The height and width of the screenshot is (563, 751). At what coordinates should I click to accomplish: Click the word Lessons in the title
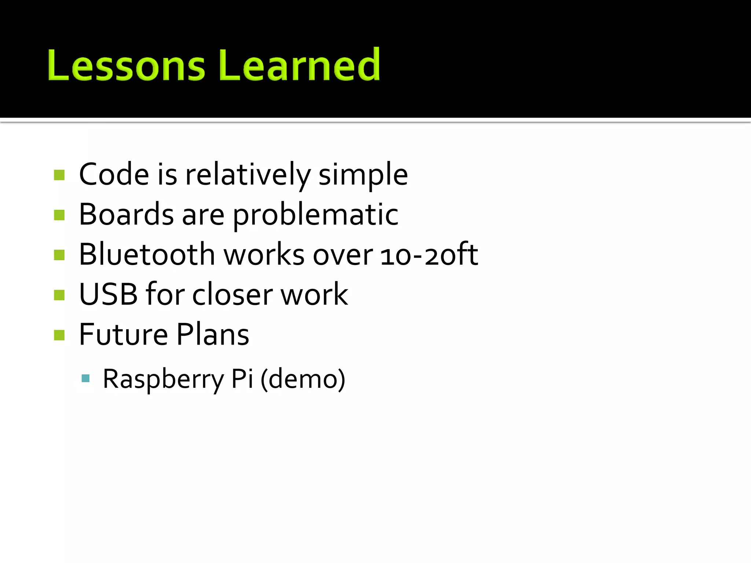[x=126, y=65]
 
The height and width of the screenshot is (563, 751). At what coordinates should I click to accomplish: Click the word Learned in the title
[x=299, y=65]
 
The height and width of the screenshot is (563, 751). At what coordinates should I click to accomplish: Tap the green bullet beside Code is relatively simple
[x=59, y=175]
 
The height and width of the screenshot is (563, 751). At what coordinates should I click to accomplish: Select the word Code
[x=114, y=174]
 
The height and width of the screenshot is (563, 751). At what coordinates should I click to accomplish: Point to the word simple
[x=363, y=175]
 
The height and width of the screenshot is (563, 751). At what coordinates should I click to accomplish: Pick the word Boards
[x=126, y=214]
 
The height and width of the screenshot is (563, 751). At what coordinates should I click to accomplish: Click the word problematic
[x=315, y=215]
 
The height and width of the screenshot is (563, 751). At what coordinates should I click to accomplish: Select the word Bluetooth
[x=147, y=254]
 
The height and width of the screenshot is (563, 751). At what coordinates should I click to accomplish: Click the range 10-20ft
[x=429, y=254]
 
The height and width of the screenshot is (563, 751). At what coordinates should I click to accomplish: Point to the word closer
[x=232, y=294]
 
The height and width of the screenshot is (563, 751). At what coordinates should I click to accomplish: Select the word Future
[x=123, y=334]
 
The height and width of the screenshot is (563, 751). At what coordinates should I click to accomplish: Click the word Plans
[x=213, y=334]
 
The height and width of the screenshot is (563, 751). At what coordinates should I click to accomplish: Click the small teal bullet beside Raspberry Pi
[x=85, y=378]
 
